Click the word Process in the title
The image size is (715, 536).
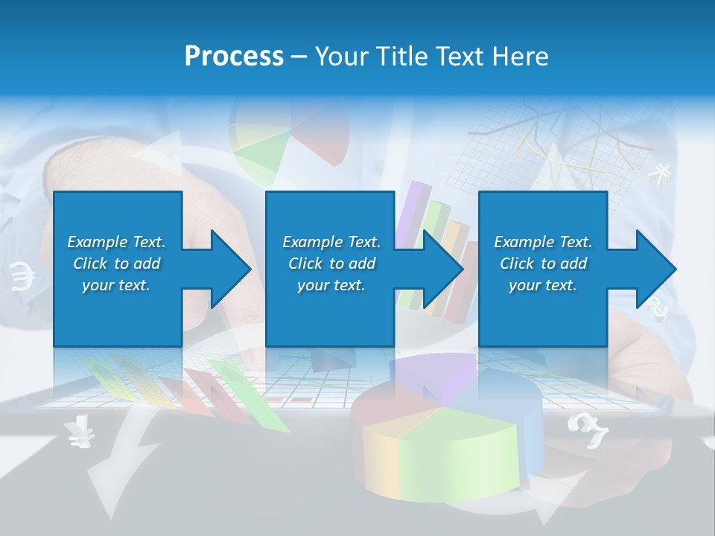[x=234, y=56]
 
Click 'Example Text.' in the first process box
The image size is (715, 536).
[x=116, y=242]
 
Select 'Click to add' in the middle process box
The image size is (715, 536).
[x=331, y=264]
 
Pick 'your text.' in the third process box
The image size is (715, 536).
[x=542, y=285]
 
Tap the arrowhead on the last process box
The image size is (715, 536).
[x=655, y=269]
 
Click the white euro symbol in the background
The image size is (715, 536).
[x=23, y=278]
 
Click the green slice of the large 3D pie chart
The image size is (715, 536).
[x=454, y=447]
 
